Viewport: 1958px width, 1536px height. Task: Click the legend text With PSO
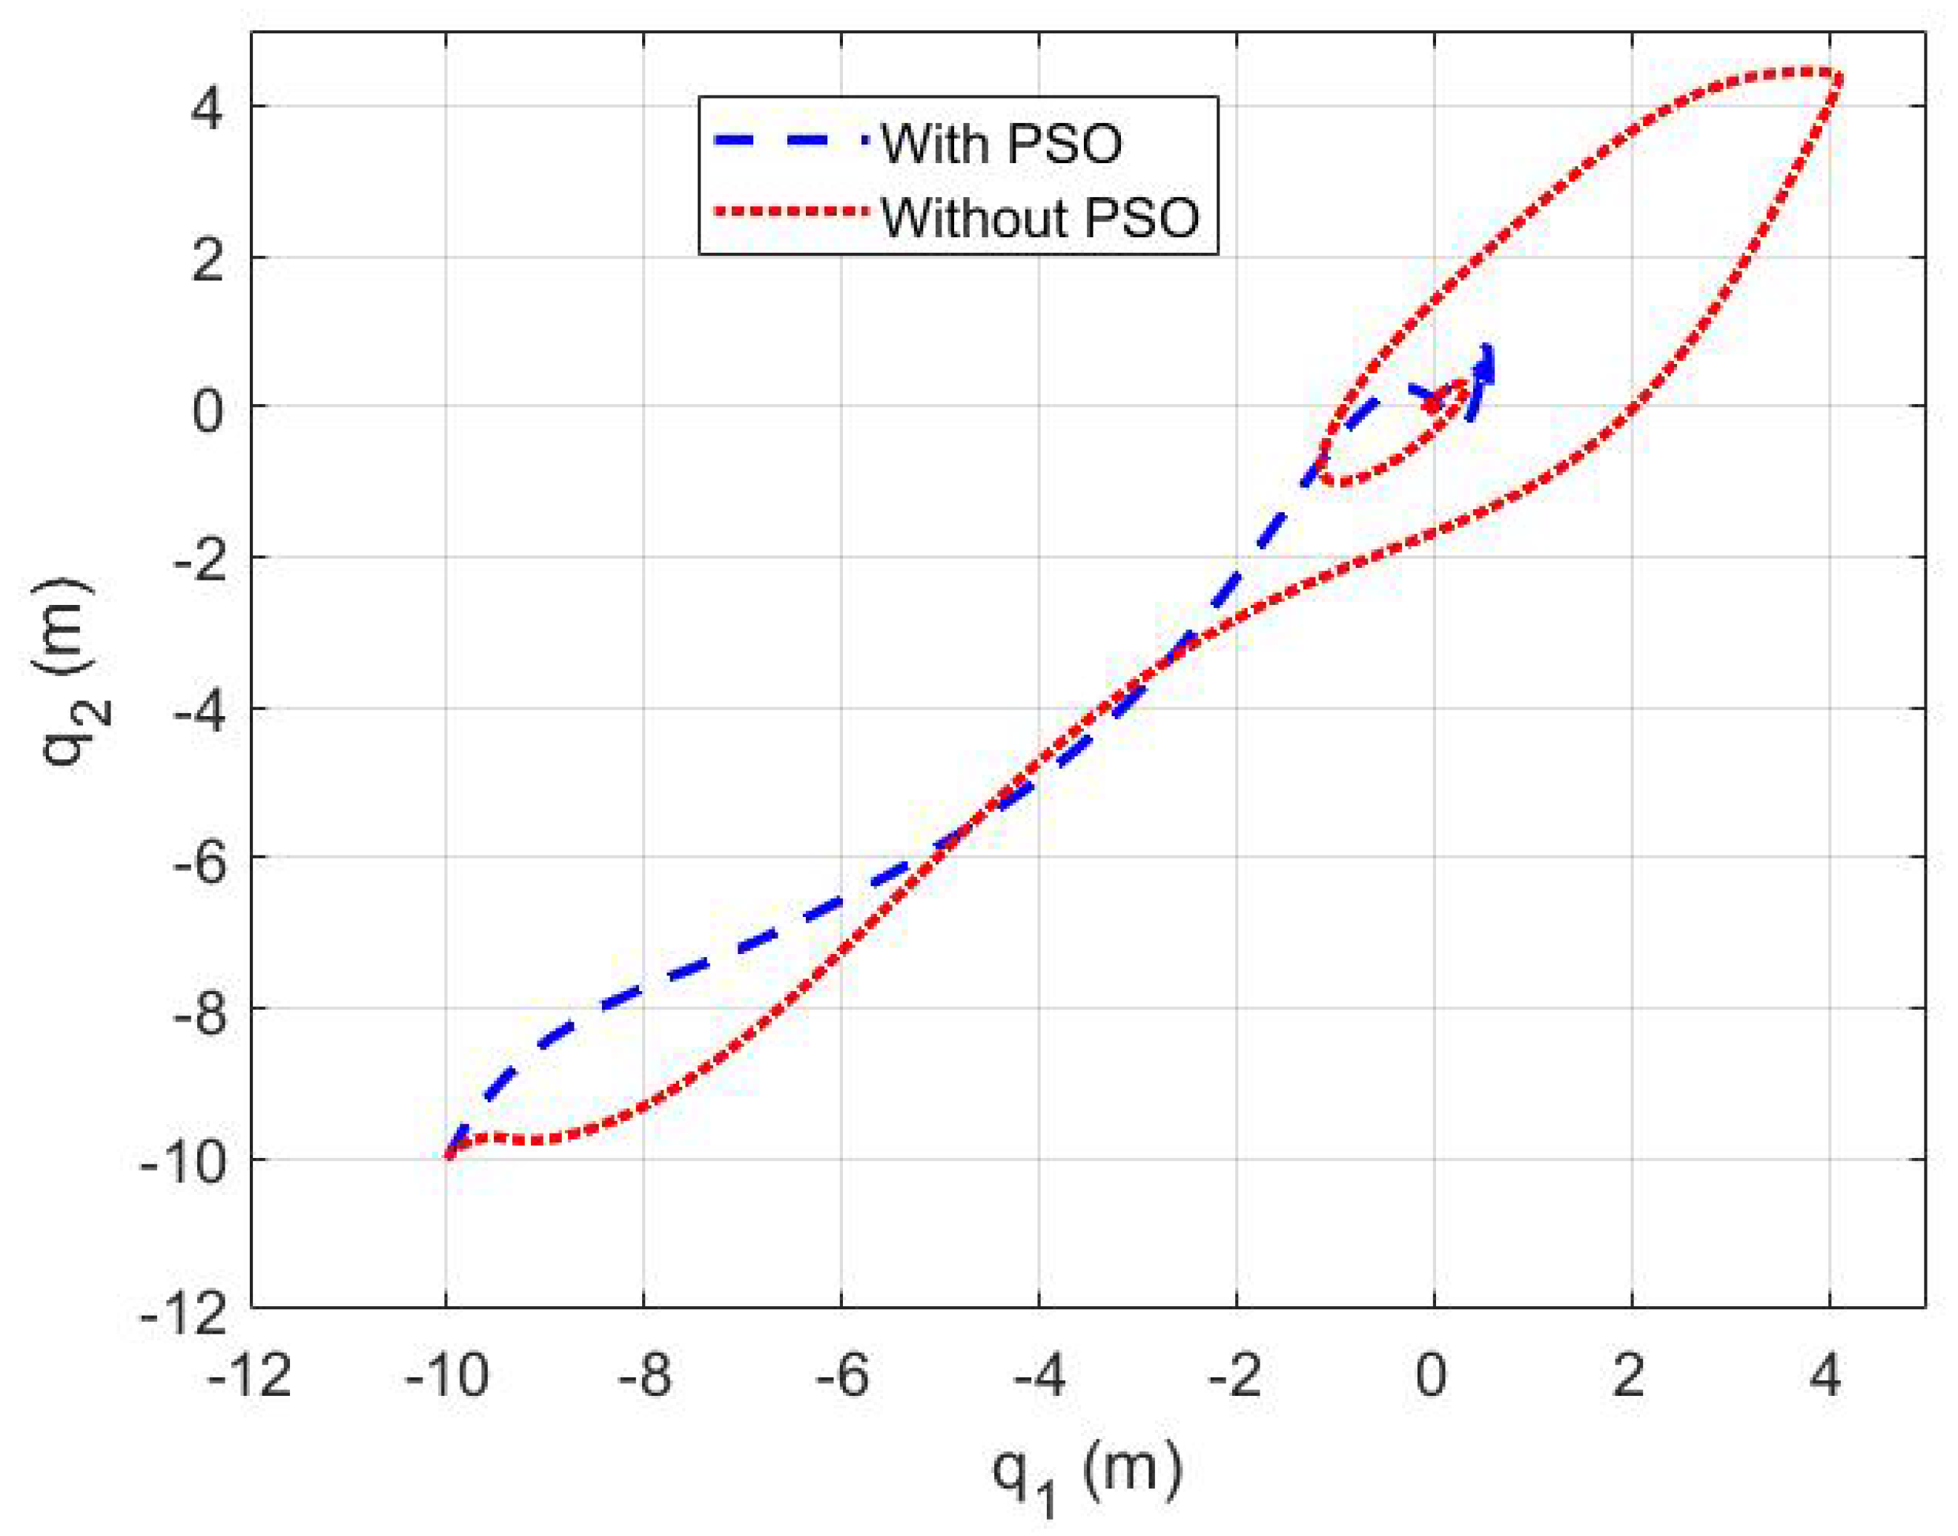tap(1001, 144)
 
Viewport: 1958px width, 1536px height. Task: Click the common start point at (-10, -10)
tap(449, 1156)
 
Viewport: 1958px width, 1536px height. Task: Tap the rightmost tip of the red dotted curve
tap(1839, 79)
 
